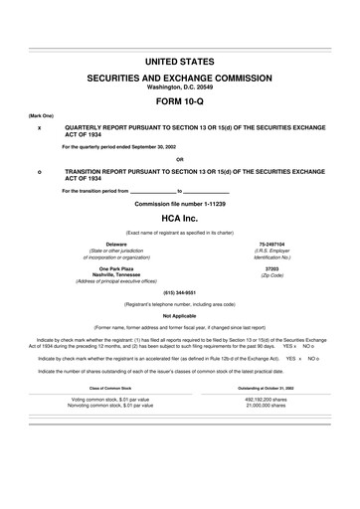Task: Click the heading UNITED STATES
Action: click(179, 62)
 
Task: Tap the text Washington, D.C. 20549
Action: click(179, 87)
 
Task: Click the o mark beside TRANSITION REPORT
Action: click(38, 171)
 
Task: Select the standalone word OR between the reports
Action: click(179, 159)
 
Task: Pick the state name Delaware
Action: click(116, 243)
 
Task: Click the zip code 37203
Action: click(272, 267)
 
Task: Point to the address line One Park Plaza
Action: click(116, 267)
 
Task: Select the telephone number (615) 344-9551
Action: click(179, 292)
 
